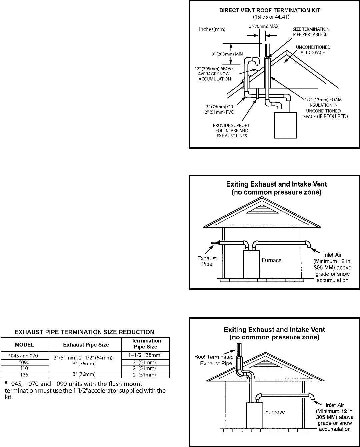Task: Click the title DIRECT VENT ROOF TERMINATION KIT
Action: pos(270,10)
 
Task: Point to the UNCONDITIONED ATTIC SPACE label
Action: pos(313,50)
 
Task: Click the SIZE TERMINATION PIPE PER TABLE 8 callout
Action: pos(311,32)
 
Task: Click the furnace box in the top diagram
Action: pos(285,125)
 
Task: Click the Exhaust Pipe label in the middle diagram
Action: pos(207,261)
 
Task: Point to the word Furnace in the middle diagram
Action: pos(272,260)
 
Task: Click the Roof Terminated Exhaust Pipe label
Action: pos(214,360)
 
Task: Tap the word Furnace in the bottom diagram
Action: pos(275,412)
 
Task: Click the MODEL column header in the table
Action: pos(24,345)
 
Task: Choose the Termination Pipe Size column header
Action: pos(146,344)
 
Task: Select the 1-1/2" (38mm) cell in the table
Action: pos(146,355)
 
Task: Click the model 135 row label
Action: pos(24,375)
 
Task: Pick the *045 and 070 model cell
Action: pos(24,356)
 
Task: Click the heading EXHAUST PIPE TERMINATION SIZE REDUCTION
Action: pos(85,332)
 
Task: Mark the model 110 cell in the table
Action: pos(24,368)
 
